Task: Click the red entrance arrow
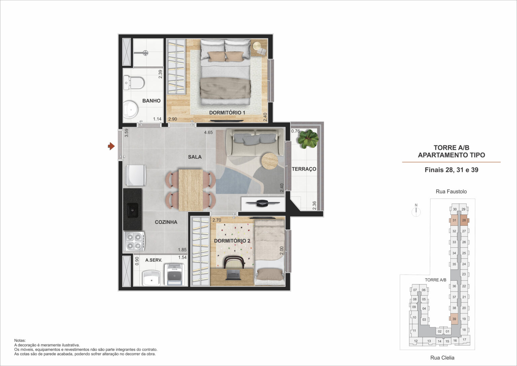(111, 146)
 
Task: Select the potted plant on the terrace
(308, 139)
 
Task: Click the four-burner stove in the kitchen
(134, 241)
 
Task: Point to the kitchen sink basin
(133, 210)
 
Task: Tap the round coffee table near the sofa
(270, 161)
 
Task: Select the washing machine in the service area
(174, 274)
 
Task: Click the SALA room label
(195, 157)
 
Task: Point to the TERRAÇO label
(304, 169)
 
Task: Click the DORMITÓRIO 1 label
(227, 113)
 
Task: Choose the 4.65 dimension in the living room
(208, 132)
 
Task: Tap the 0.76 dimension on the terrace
(296, 131)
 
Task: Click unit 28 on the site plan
(464, 220)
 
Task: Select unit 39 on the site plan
(454, 319)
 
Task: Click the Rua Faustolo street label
(451, 191)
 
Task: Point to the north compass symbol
(416, 211)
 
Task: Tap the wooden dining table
(191, 190)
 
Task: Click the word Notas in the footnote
(20, 340)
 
